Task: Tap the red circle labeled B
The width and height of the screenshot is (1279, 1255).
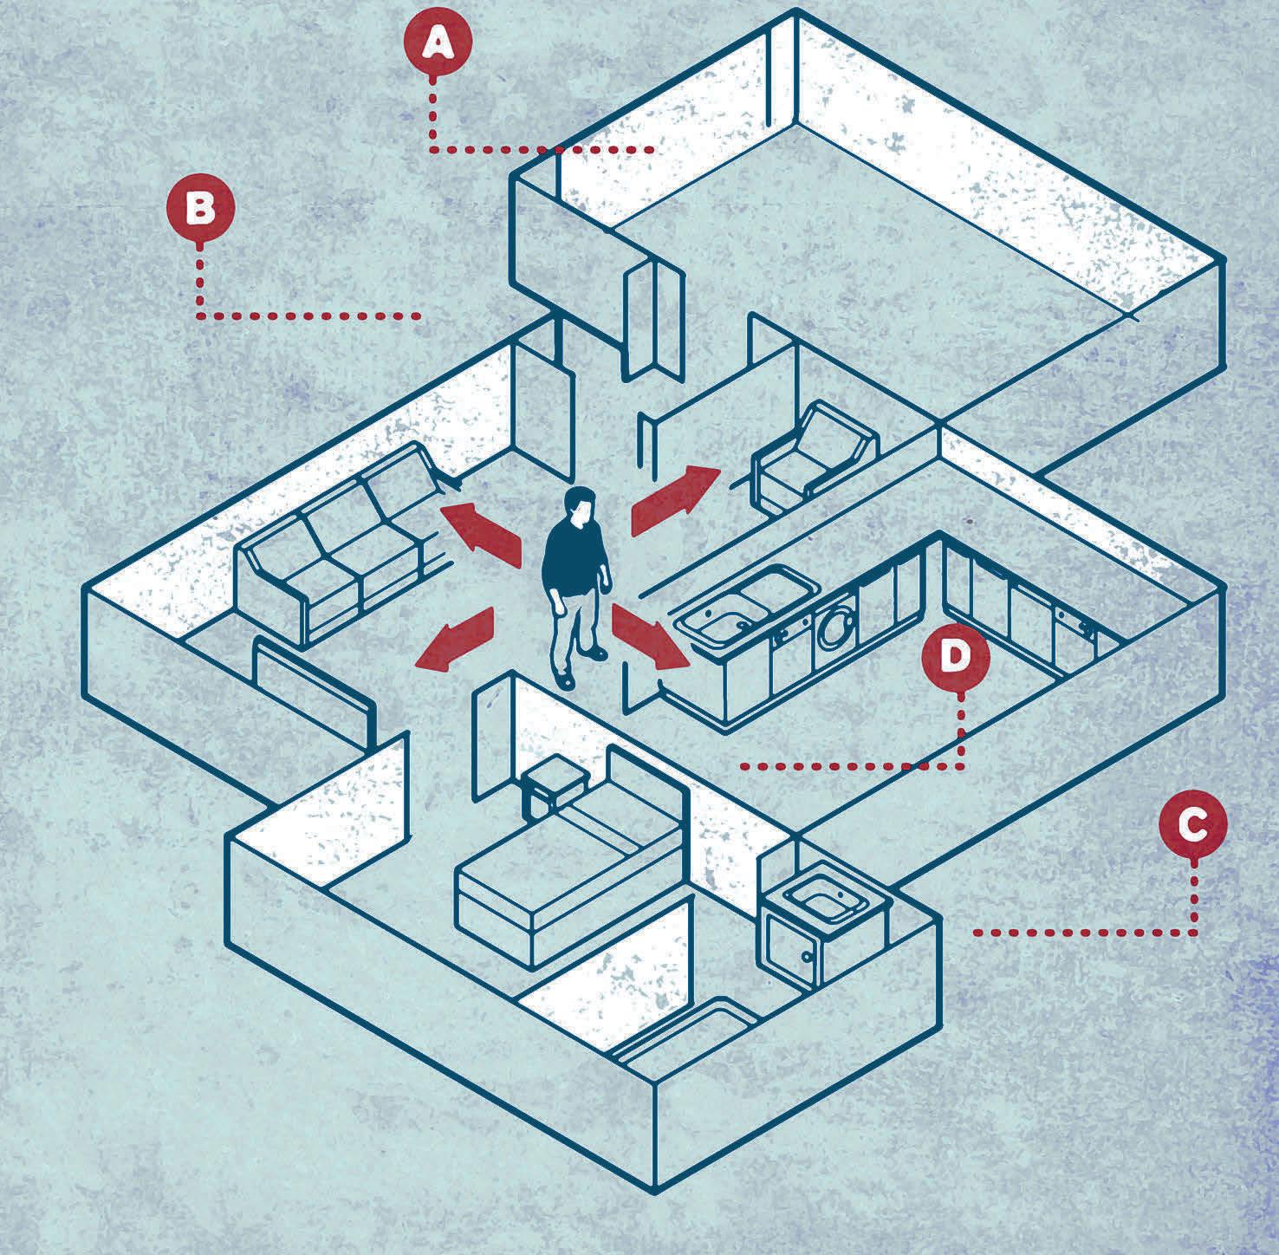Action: [200, 209]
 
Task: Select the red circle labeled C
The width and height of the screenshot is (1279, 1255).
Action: [1194, 826]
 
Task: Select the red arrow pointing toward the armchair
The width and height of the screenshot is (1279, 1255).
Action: [676, 499]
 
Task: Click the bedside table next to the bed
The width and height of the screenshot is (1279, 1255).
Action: [553, 784]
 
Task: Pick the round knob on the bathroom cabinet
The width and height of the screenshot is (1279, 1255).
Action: [807, 957]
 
